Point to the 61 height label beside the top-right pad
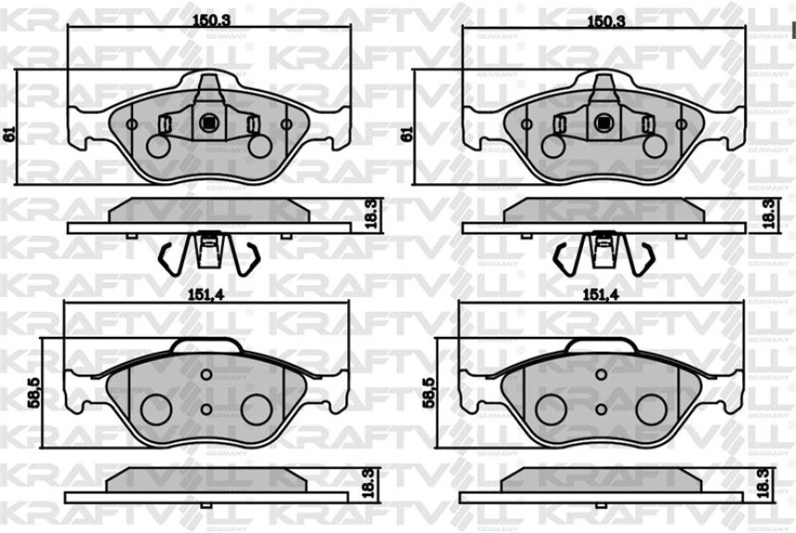coord(404,133)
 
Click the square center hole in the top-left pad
coord(209,121)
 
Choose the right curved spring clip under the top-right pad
coord(645,256)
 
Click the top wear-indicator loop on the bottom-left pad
coord(208,344)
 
